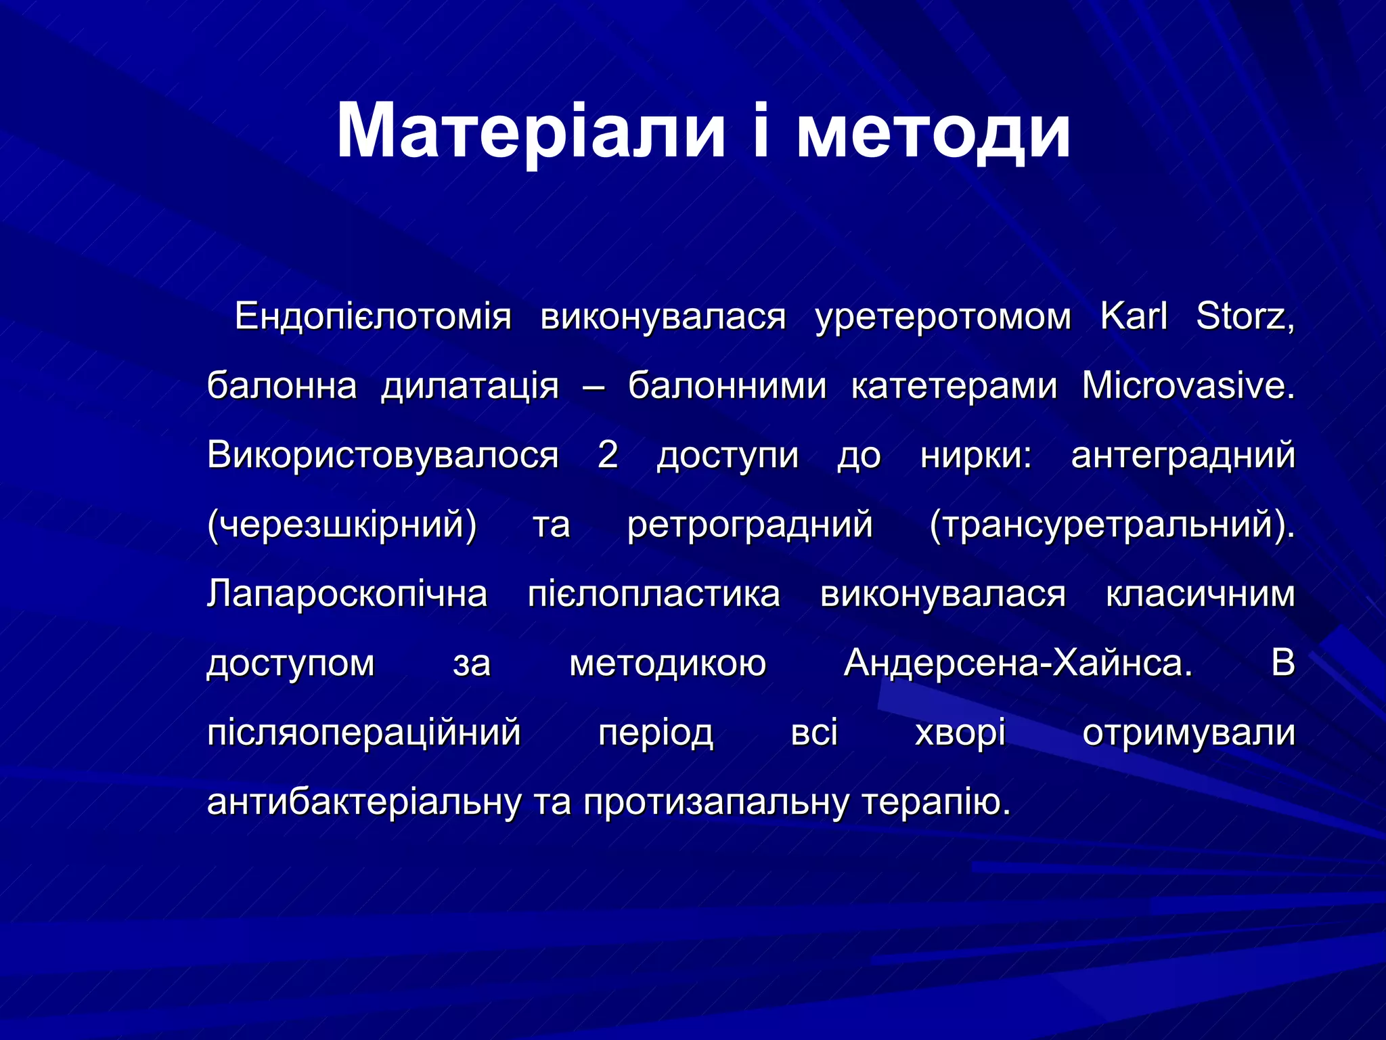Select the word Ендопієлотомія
[x=373, y=316]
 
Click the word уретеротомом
[x=943, y=316]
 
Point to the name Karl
[x=1134, y=316]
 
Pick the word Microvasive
[x=1188, y=386]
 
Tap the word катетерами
[x=954, y=386]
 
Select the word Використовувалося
[x=383, y=454]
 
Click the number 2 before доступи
[x=607, y=454]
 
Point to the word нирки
[x=976, y=454]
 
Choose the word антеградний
[x=1183, y=454]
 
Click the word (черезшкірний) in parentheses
[x=342, y=525]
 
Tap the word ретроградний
[x=750, y=525]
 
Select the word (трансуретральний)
[x=1112, y=525]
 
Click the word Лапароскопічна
[x=347, y=594]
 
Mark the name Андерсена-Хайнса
[x=1017, y=663]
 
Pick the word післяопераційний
[x=364, y=733]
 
